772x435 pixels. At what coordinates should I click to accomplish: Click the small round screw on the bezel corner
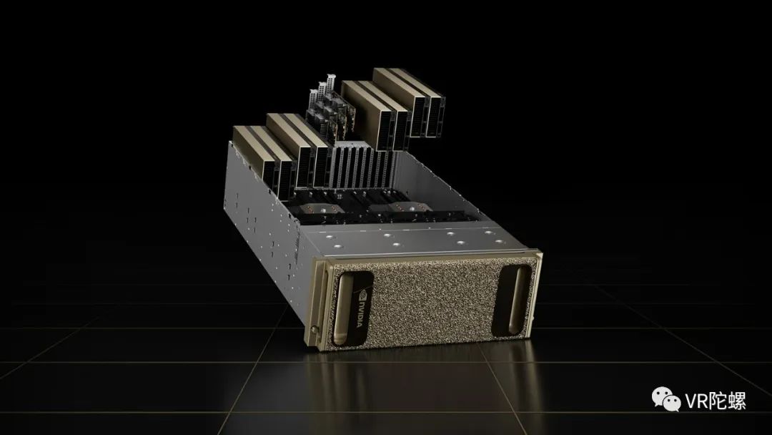314,328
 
